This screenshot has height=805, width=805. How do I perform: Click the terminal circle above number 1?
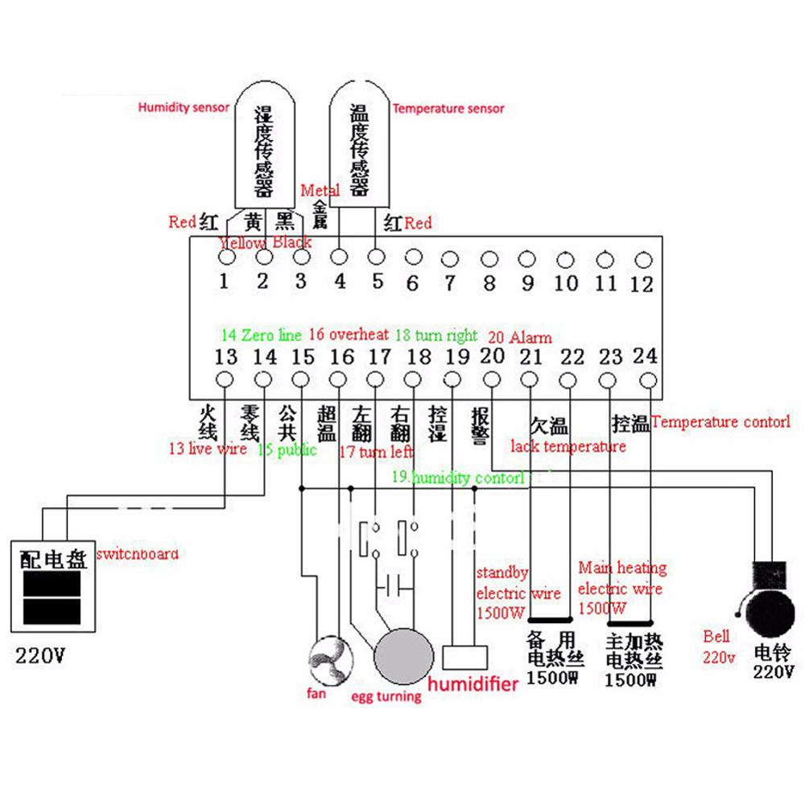tap(226, 258)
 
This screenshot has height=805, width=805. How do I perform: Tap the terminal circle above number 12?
tap(642, 259)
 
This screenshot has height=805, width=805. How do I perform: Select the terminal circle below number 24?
tap(648, 379)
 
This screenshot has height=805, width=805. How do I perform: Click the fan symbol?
tap(328, 658)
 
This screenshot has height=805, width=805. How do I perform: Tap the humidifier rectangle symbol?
tap(466, 656)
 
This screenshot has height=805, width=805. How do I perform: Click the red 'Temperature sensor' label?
tap(448, 109)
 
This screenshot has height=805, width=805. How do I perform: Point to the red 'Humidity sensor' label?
tap(184, 107)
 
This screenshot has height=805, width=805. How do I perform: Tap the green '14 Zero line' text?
tap(261, 335)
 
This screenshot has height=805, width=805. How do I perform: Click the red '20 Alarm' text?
tap(519, 337)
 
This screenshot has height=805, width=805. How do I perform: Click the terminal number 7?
tap(451, 283)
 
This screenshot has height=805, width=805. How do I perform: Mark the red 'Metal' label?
tap(320, 191)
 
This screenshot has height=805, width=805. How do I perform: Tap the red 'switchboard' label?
tap(137, 555)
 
